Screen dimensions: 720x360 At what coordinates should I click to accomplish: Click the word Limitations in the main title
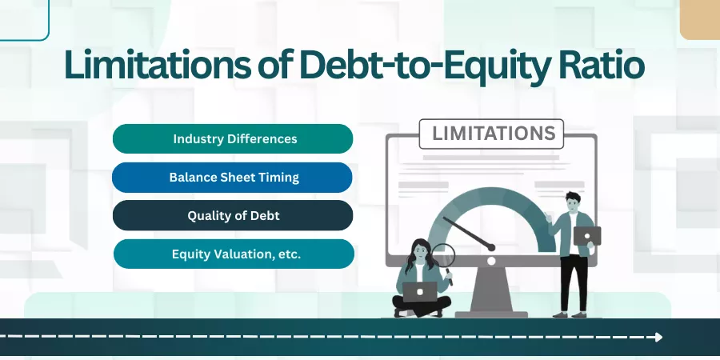point(158,64)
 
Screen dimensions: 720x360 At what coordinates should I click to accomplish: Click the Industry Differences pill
point(233,138)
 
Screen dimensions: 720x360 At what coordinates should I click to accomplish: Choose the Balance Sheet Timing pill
point(232,178)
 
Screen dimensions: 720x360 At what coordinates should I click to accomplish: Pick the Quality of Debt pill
point(233,215)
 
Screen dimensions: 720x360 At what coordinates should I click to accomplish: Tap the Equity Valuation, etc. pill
point(234,254)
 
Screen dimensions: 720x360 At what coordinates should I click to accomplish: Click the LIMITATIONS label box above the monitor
point(491,134)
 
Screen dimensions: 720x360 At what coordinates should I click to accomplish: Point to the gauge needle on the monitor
point(469,234)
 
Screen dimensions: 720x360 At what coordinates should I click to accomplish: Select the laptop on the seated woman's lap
point(420,292)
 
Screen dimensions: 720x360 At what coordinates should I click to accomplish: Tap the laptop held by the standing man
point(587,236)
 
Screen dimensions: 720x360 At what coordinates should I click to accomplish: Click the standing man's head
point(573,202)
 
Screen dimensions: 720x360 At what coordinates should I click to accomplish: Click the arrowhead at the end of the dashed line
point(659,337)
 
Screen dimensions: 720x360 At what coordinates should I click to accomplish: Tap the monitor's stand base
point(491,314)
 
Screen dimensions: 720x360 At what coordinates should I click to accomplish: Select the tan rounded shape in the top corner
point(700,20)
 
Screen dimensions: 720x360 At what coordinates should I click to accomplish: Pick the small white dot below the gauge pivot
point(491,261)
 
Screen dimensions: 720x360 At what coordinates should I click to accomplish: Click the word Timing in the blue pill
point(284,178)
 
